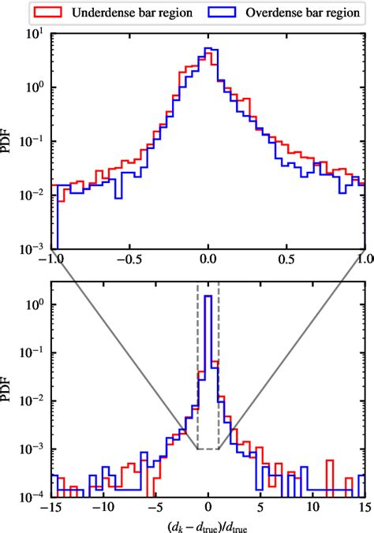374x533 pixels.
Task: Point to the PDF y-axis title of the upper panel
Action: pos(9,141)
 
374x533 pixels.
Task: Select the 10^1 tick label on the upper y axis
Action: pos(34,34)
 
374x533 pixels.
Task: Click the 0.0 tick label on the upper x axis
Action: pos(208,259)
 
